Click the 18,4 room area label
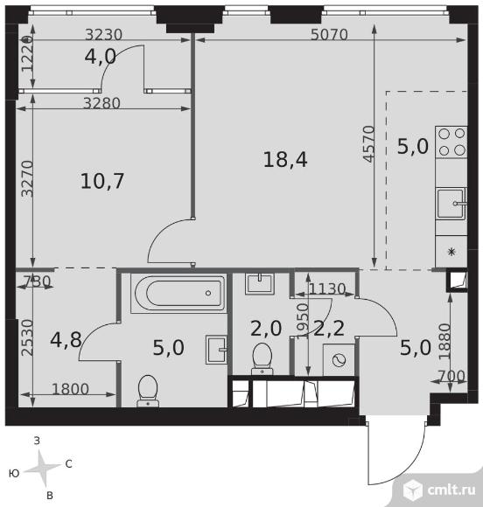pos(285,160)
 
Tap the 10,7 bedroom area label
pos(102,181)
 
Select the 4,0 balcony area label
pos(100,57)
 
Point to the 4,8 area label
pos(66,339)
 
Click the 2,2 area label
pos(329,329)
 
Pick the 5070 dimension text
pos(329,35)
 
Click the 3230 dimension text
pos(103,35)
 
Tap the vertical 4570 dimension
pos(368,144)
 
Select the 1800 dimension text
pos(70,389)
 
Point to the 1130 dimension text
pos(327,288)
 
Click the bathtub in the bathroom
pos(178,293)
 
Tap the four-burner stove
pos(451,142)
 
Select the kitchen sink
pos(451,204)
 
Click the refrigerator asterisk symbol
pos(451,252)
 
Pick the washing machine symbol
pos(339,360)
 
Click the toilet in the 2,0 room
pos(262,359)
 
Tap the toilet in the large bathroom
pos(148,391)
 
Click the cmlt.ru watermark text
pos(451,490)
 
